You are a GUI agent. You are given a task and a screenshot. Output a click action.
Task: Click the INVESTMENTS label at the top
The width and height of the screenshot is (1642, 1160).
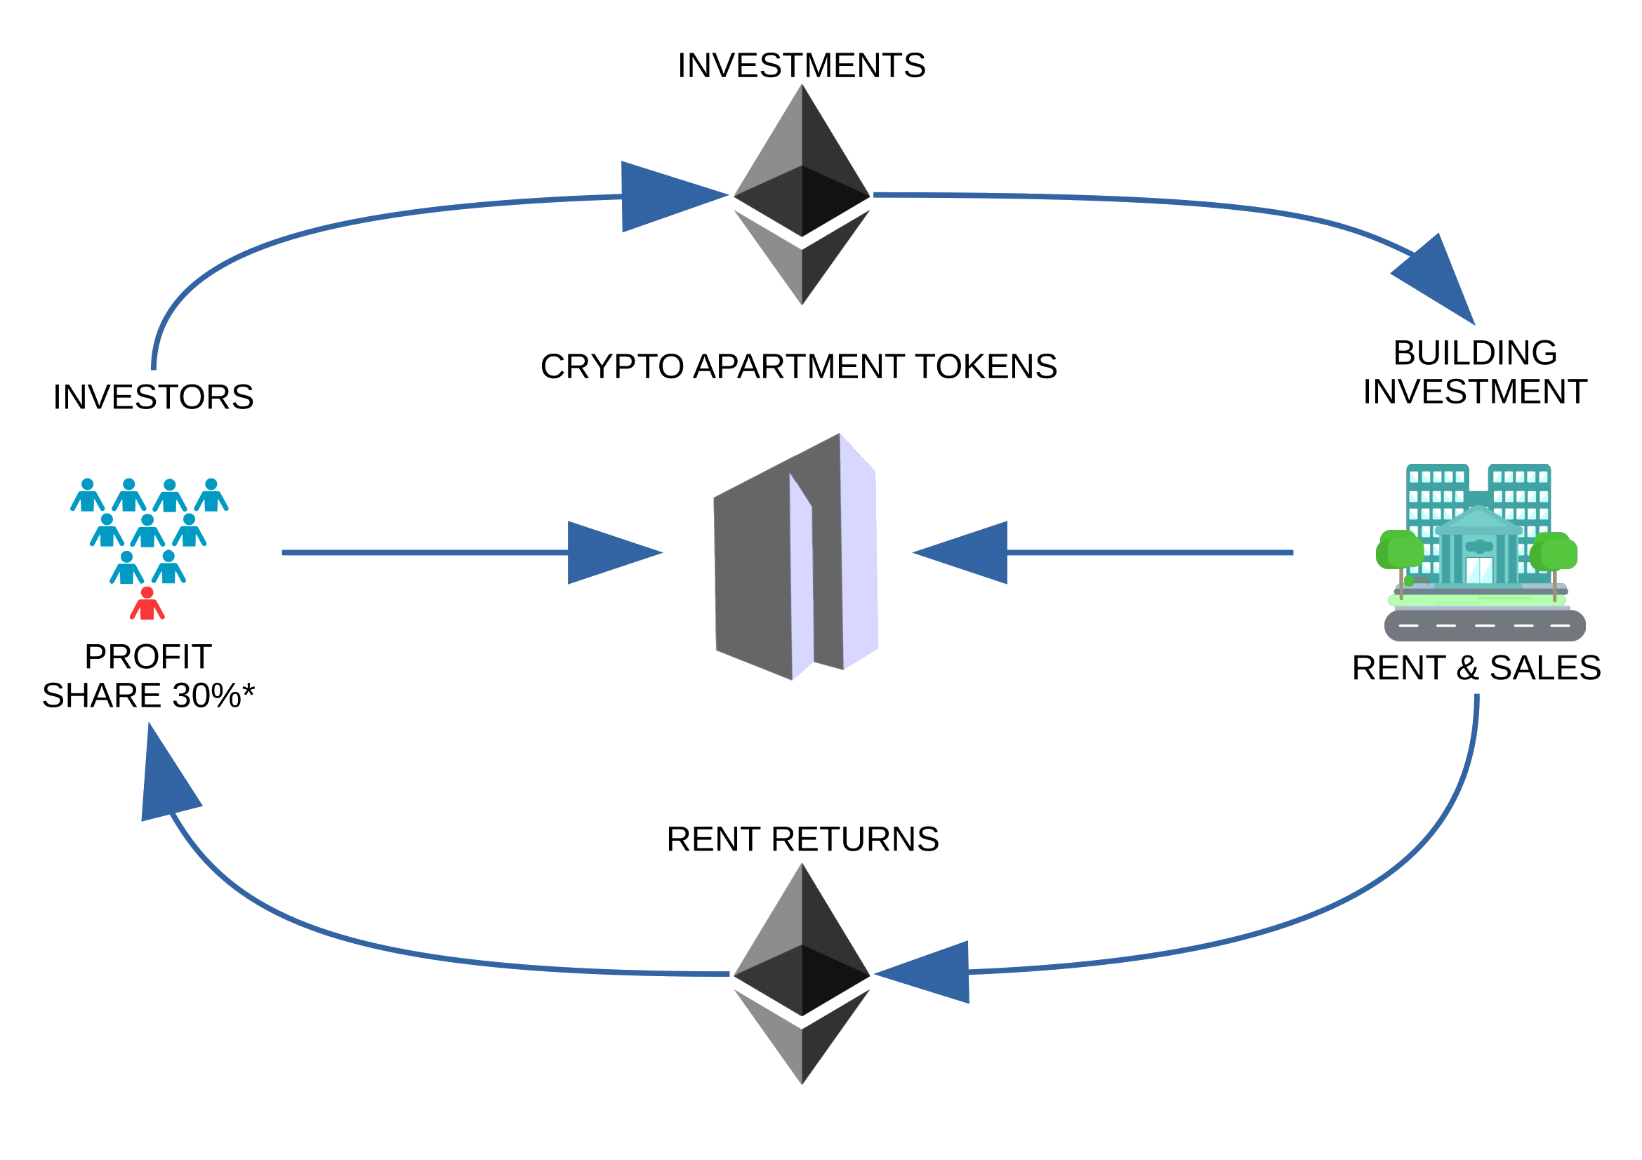pyautogui.click(x=801, y=66)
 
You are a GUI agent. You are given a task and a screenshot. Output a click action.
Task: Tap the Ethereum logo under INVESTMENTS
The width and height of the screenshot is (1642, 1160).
pyautogui.click(x=802, y=194)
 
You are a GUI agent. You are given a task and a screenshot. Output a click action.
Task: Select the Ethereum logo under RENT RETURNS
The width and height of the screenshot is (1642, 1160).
pyautogui.click(x=802, y=973)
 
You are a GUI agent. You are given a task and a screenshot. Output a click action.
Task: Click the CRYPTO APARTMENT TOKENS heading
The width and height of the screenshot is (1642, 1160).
pyautogui.click(x=798, y=366)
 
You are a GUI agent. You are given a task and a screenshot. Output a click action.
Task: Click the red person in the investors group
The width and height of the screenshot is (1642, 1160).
pyautogui.click(x=147, y=604)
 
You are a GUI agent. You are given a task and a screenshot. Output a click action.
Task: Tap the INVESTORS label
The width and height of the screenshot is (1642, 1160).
pyautogui.click(x=153, y=397)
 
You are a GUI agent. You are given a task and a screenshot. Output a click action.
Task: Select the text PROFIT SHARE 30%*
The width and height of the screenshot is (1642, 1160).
pyautogui.click(x=149, y=676)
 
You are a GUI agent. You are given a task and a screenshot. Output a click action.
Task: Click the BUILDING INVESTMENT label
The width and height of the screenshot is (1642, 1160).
pyautogui.click(x=1475, y=373)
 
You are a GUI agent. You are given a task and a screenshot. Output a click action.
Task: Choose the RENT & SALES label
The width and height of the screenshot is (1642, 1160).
pyautogui.click(x=1476, y=668)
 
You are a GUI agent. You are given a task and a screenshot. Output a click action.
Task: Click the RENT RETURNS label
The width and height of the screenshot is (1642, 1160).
pyautogui.click(x=802, y=839)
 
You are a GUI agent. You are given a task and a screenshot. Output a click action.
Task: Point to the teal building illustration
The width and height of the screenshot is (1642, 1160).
pyautogui.click(x=1478, y=529)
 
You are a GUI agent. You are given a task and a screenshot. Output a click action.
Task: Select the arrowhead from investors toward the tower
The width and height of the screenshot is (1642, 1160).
pyautogui.click(x=608, y=552)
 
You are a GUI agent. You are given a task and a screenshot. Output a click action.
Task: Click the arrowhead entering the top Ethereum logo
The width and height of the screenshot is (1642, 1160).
pyautogui.click(x=665, y=196)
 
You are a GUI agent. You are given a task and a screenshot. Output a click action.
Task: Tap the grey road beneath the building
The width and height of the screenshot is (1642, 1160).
pyautogui.click(x=1485, y=625)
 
